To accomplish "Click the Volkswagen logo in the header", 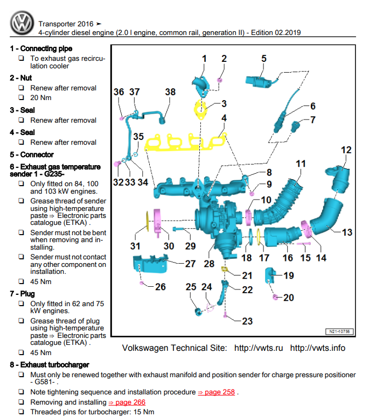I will pyautogui.click(x=22, y=23).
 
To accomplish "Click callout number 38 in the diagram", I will pyautogui.click(x=170, y=93).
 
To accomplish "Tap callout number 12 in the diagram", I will pyautogui.click(x=346, y=150).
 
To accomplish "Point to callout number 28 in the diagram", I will pyautogui.click(x=209, y=264).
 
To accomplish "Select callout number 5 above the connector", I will pyautogui.click(x=264, y=59).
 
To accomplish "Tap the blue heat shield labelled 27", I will pyautogui.click(x=150, y=265).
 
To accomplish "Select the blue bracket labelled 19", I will pyautogui.click(x=270, y=275).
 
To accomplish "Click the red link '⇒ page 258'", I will pyautogui.click(x=217, y=392).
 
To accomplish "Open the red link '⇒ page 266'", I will pyautogui.click(x=127, y=402).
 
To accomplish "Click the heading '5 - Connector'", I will pyautogui.click(x=32, y=154).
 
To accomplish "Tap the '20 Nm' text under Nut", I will pyautogui.click(x=41, y=98).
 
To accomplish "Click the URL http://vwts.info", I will pyautogui.click(x=317, y=348).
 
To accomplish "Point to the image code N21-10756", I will pyautogui.click(x=339, y=331).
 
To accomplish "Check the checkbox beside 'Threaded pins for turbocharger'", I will pyautogui.click(x=20, y=412).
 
